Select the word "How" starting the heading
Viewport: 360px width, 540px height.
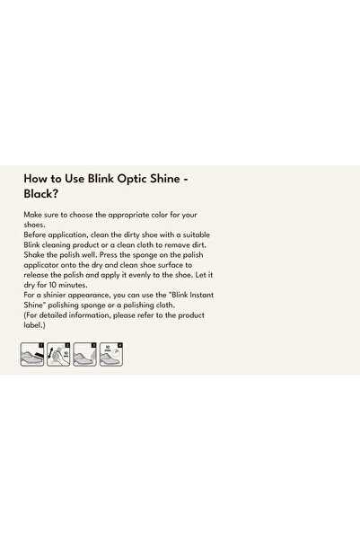pos(34,179)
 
